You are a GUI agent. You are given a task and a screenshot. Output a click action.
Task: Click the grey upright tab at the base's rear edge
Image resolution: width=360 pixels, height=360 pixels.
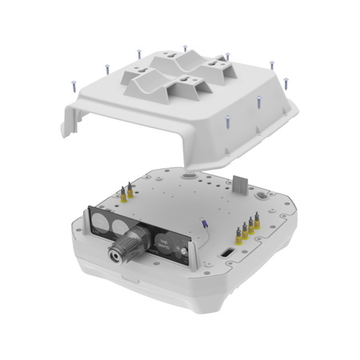tap(238, 184)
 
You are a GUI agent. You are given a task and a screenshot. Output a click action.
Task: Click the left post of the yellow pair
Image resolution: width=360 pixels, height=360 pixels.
tap(122, 192)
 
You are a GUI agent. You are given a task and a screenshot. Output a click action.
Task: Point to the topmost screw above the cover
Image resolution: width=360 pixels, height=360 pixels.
tap(185, 49)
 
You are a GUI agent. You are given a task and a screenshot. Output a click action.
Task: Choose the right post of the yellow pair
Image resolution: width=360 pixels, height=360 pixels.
tap(129, 191)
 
